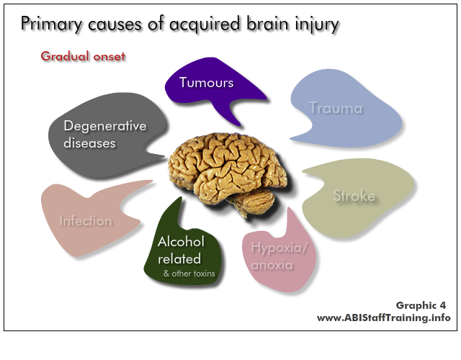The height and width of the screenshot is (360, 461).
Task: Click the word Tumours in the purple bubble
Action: [x=207, y=83]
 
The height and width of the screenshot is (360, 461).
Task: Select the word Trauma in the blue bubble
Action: [x=336, y=108]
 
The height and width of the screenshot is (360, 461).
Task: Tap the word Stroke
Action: [x=354, y=196]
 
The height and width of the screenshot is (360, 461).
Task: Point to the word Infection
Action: [x=86, y=221]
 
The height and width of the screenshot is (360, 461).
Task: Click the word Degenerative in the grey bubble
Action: [x=105, y=127]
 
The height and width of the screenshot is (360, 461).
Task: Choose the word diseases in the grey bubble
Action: [x=89, y=143]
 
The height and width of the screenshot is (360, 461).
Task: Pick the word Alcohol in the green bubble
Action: [x=181, y=242]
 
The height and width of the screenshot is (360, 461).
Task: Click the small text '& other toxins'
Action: [x=189, y=274]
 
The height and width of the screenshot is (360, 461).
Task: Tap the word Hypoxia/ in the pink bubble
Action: [x=279, y=248]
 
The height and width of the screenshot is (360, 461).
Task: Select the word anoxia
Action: [x=272, y=265]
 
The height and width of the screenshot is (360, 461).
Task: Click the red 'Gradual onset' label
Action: [x=83, y=56]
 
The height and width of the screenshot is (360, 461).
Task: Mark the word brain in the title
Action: [x=267, y=24]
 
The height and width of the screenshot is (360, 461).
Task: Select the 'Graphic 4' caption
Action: [x=421, y=305]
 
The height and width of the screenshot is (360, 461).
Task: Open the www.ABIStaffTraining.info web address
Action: [x=384, y=318]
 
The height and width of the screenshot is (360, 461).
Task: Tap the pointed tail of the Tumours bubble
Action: [x=240, y=125]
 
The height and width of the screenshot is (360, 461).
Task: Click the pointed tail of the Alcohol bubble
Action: [x=180, y=198]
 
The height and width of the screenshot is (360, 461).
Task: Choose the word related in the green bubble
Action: [x=179, y=259]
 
